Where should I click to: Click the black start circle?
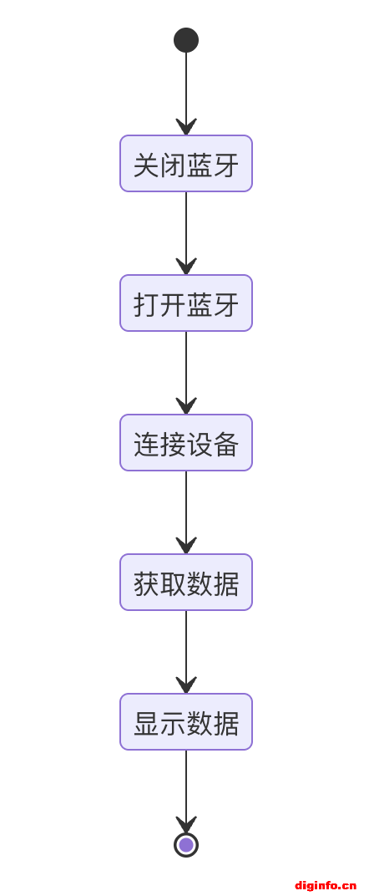click(186, 40)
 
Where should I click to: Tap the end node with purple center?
click(186, 844)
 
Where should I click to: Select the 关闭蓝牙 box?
click(186, 164)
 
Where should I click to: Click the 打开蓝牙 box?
click(186, 303)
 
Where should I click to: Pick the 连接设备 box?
click(186, 443)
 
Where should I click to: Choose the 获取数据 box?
click(186, 583)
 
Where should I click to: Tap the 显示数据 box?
click(186, 721)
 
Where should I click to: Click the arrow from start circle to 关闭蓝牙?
click(186, 94)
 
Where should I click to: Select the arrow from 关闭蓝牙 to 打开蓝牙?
click(186, 233)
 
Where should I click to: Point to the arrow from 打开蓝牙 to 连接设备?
click(186, 373)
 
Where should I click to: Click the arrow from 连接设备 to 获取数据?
click(186, 512)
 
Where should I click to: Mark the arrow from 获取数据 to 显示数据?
click(186, 652)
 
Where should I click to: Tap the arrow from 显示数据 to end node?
click(186, 792)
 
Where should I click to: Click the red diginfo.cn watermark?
click(326, 886)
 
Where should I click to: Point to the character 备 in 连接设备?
click(226, 444)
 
